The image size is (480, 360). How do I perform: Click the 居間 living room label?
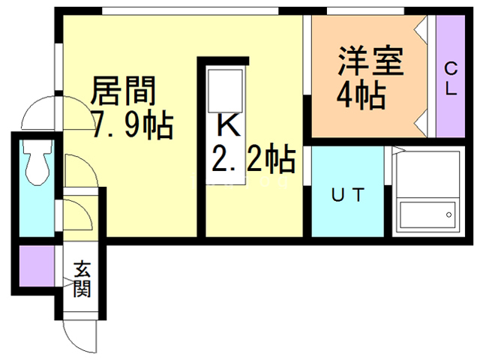123,91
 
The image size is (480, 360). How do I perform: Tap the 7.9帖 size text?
132,124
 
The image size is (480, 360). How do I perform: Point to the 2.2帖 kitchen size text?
252,158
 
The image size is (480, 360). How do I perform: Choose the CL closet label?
451,78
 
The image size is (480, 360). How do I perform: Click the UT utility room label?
348,196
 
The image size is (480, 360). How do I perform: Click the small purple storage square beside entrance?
33,267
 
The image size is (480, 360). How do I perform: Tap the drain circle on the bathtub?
449,214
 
